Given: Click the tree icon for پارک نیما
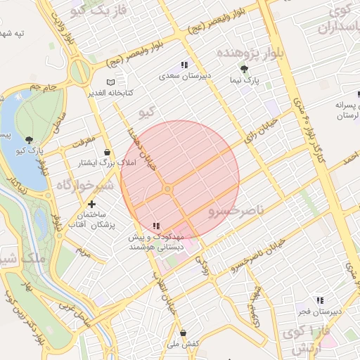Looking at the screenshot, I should pyautogui.click(x=244, y=69).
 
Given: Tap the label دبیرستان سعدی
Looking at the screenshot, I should pyautogui.click(x=184, y=75).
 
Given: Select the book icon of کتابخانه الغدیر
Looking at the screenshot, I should pyautogui.click(x=109, y=82).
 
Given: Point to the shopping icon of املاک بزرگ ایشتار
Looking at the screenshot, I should pyautogui.click(x=107, y=152).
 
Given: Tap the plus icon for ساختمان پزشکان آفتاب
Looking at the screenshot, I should pyautogui.click(x=91, y=204).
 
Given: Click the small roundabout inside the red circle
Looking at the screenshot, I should pyautogui.click(x=167, y=189).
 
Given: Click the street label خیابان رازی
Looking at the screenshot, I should pyautogui.click(x=259, y=129).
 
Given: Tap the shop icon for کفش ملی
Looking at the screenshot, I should pyautogui.click(x=184, y=333).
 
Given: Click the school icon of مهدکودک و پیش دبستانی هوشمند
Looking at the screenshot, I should pyautogui.click(x=156, y=226).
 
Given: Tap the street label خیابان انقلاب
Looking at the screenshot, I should pyautogui.click(x=166, y=295).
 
